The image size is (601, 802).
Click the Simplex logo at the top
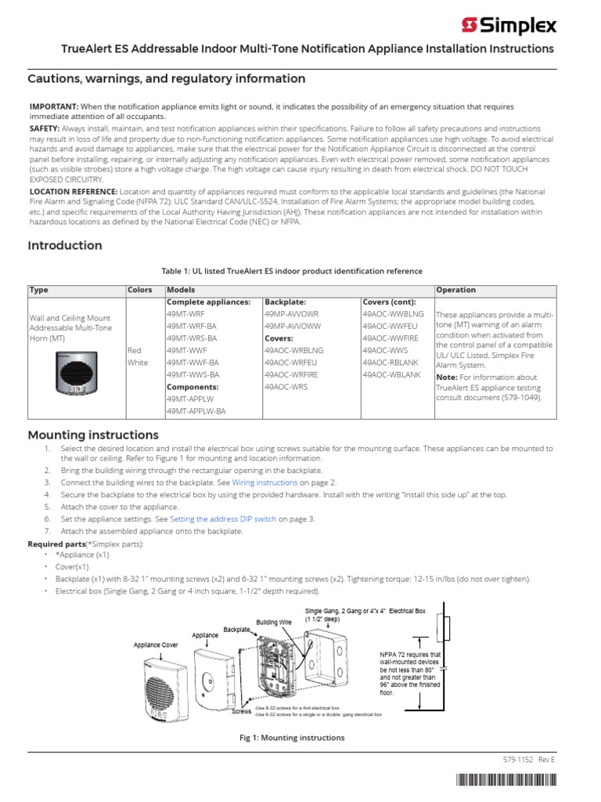[509, 26]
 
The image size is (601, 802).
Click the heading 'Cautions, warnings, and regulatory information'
[167, 78]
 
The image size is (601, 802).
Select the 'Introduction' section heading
[65, 245]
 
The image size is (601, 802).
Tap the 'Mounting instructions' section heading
[93, 435]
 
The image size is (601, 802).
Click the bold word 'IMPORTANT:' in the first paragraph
[53, 106]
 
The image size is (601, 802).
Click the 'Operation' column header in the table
[455, 290]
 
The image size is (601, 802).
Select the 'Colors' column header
[140, 290]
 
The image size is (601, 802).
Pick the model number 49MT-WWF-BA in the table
[193, 363]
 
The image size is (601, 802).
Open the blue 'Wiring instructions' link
[265, 482]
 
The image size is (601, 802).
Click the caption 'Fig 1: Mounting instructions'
[291, 738]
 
